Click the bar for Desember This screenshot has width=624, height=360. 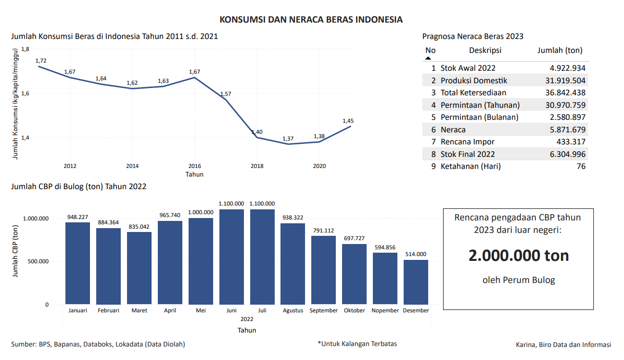coord(416,282)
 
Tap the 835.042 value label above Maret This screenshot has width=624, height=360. coord(139,227)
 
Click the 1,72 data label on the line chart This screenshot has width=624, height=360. coord(41,61)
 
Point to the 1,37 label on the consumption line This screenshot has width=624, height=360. coord(288,139)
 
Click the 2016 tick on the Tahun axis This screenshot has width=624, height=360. coord(194,166)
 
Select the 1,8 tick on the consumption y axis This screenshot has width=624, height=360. coord(25,49)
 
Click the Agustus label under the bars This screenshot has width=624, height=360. coord(293,310)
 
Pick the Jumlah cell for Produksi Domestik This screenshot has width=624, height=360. coord(561,80)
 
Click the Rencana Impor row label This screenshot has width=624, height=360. coord(467,141)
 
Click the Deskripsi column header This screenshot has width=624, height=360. coord(485,51)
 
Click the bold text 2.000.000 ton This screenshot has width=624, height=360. coord(519,256)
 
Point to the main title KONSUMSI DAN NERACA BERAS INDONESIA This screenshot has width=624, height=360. coord(311,20)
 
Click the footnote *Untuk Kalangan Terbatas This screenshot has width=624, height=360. coord(357,344)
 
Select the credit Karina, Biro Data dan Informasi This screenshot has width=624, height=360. coord(563,345)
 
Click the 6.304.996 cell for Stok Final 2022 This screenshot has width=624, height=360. coord(561,154)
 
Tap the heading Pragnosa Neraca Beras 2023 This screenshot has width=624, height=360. coord(472,36)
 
